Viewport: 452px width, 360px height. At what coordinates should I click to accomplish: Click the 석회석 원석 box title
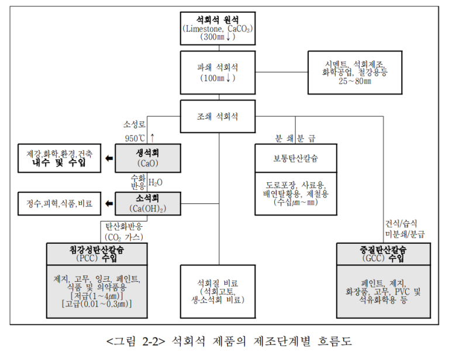coord(217,18)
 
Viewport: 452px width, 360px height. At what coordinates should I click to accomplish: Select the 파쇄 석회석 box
coord(217,72)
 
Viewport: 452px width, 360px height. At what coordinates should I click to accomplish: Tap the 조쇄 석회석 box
coord(217,116)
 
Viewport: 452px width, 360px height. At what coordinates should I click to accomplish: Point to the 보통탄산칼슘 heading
coord(295,158)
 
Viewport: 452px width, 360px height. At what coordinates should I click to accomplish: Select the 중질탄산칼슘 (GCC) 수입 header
coord(383,254)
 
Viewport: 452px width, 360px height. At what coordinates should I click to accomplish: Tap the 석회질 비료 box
coord(217,291)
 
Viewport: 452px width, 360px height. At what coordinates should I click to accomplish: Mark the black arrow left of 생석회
coord(109,158)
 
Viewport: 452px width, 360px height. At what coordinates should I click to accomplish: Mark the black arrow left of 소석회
coord(109,203)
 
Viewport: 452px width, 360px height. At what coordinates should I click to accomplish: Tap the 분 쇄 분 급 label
coord(295,138)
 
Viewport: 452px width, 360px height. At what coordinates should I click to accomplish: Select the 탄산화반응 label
coord(123,226)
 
